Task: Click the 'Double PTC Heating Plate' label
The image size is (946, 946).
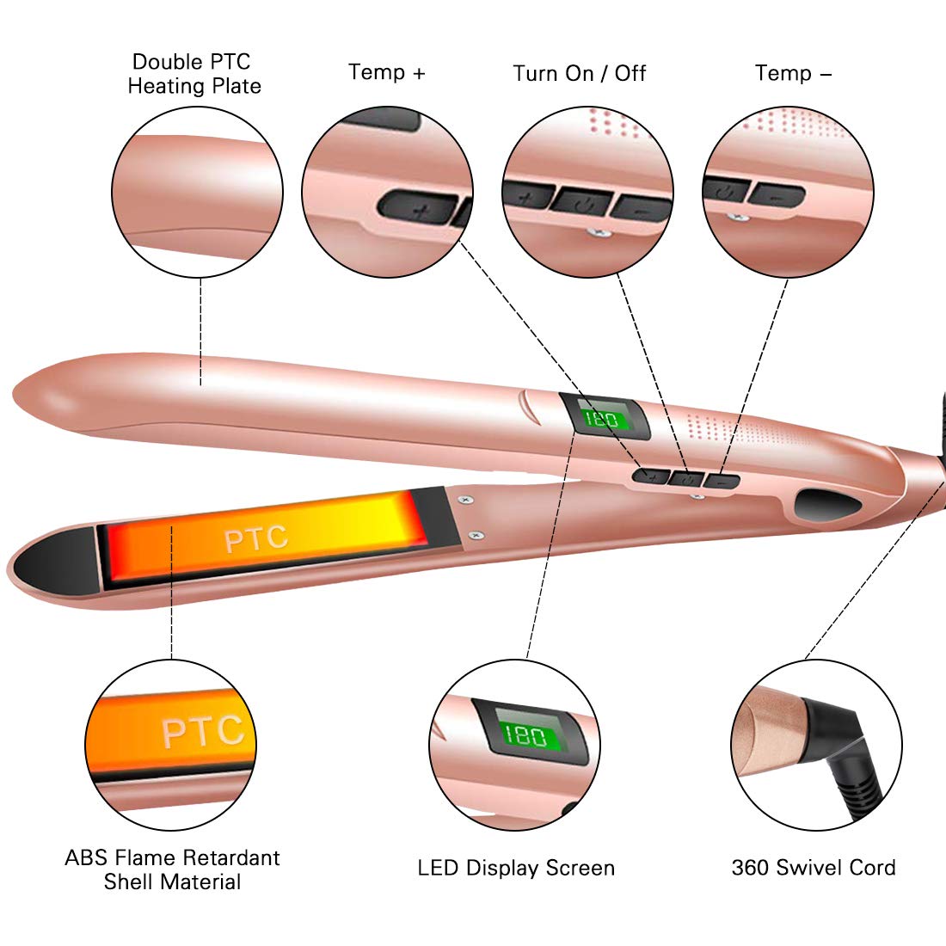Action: [194, 74]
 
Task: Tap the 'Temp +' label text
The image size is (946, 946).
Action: [387, 72]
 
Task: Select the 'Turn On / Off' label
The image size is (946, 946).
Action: [579, 74]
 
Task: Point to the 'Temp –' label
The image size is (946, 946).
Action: [793, 74]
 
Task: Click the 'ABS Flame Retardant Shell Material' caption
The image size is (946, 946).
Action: [173, 869]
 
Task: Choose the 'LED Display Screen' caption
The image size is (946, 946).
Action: [516, 868]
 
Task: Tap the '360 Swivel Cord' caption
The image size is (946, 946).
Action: [814, 868]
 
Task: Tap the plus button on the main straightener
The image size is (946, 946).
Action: [651, 476]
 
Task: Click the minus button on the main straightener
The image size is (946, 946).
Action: [722, 481]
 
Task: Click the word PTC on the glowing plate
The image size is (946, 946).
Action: [255, 538]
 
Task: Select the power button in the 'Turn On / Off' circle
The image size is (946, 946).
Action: [581, 201]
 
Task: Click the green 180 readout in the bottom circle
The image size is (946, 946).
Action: [526, 735]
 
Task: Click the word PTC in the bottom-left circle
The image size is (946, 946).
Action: [202, 731]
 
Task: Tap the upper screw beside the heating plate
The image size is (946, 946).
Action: [466, 500]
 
